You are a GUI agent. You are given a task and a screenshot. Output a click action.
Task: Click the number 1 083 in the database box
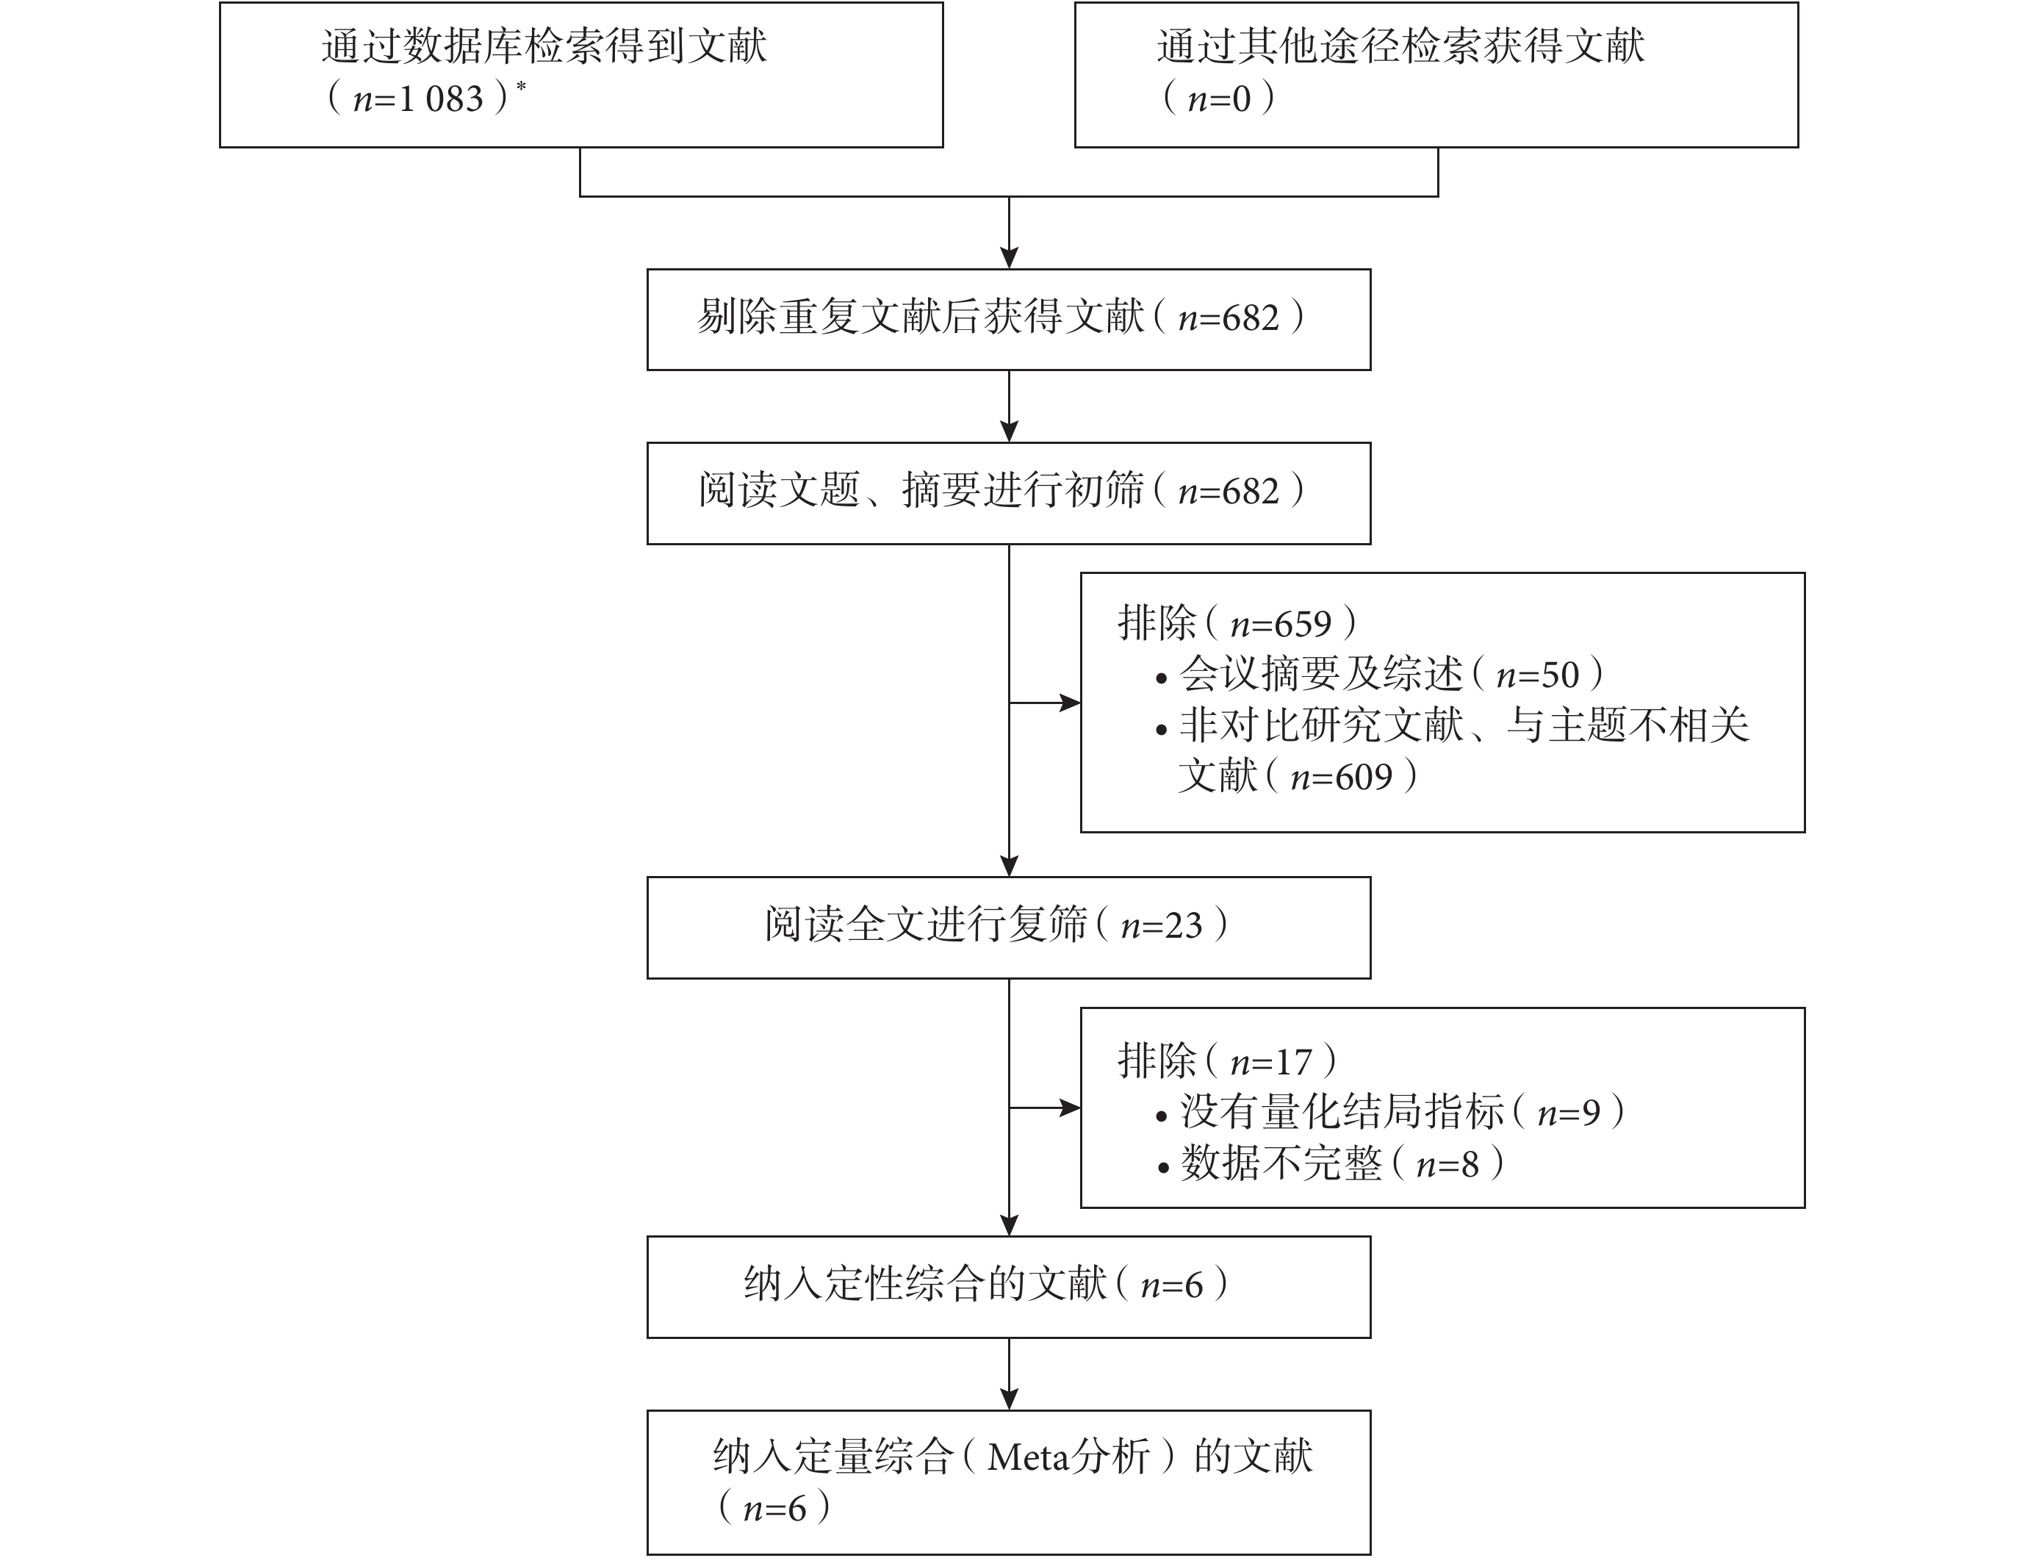click(x=440, y=99)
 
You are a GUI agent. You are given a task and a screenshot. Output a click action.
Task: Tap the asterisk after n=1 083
click(x=520, y=86)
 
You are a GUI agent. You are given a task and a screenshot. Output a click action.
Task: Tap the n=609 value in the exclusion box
click(x=1342, y=777)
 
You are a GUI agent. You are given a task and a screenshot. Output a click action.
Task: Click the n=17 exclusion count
click(x=1271, y=1062)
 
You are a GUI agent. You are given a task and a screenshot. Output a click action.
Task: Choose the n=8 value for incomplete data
click(x=1447, y=1164)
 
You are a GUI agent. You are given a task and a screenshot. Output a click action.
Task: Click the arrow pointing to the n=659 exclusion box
click(x=1045, y=703)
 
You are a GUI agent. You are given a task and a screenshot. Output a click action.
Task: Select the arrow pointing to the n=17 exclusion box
click(x=1045, y=1108)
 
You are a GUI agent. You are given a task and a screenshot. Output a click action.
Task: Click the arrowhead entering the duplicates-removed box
click(x=1009, y=258)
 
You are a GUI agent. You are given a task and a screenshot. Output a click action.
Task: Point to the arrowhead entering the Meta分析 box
click(x=1009, y=1399)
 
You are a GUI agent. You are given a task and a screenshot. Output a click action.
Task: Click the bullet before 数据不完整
click(x=1162, y=1168)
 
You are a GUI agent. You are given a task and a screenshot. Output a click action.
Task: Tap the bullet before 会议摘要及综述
click(x=1162, y=680)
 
